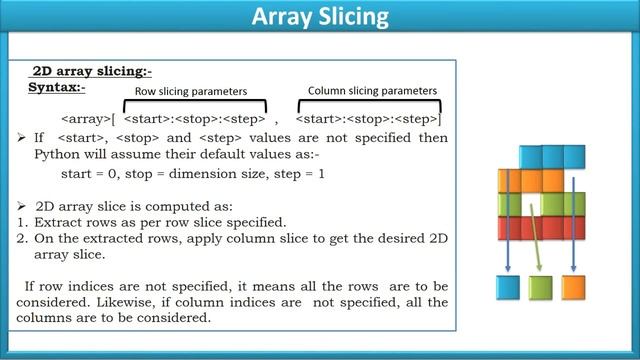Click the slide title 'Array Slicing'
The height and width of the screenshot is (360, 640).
point(319,17)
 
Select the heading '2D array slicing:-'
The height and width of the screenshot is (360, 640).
point(92,72)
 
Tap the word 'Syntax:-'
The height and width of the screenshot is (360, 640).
point(57,88)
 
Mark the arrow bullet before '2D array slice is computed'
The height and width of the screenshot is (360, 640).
point(26,202)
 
